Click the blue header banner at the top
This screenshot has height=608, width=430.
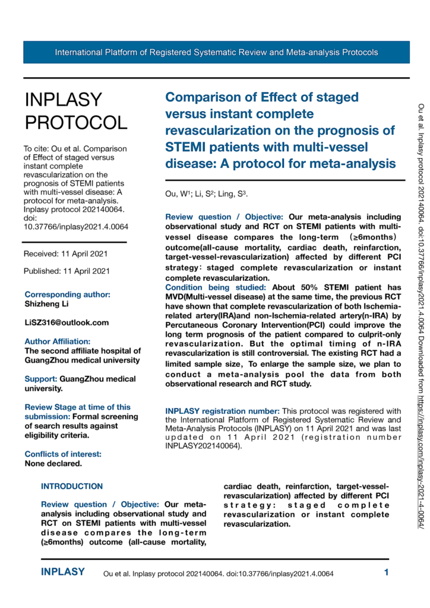click(x=216, y=52)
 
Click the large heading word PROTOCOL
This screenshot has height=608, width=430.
click(x=76, y=122)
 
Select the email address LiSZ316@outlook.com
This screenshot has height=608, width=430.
click(x=67, y=322)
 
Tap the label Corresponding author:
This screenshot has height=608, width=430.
click(x=67, y=294)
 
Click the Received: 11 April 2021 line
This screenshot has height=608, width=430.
click(x=65, y=254)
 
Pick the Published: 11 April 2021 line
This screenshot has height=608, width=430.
click(x=67, y=271)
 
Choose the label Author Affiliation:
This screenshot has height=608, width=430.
click(x=57, y=341)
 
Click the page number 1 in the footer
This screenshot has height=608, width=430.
click(x=386, y=573)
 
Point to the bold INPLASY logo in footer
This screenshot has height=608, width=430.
click(x=63, y=572)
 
